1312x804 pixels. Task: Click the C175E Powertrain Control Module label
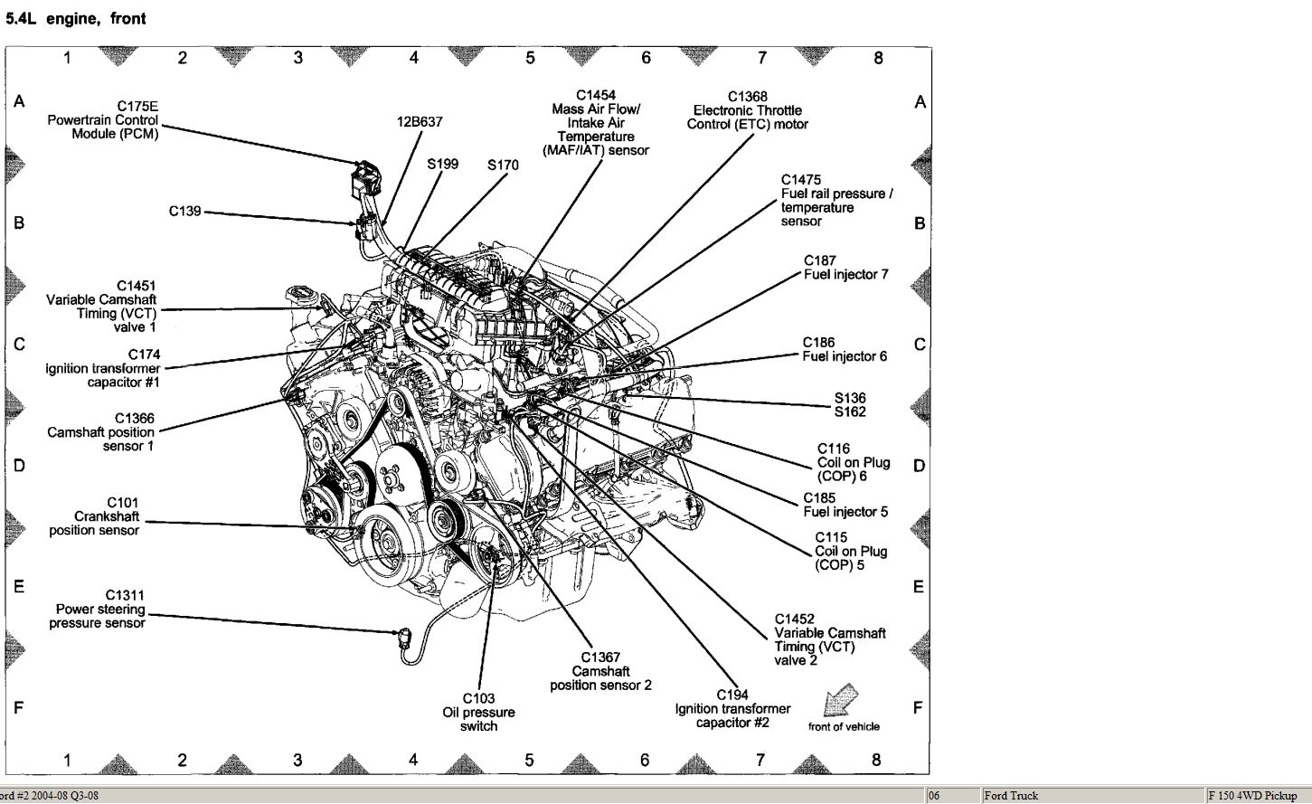(x=103, y=120)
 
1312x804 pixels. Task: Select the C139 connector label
(x=184, y=212)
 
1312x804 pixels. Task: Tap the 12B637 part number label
(x=420, y=121)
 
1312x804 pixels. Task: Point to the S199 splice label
(x=442, y=164)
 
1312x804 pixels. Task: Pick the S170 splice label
(x=503, y=165)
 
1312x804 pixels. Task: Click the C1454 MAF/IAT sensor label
(x=596, y=122)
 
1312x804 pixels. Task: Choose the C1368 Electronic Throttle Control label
(x=747, y=110)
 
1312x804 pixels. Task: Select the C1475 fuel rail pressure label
(x=836, y=201)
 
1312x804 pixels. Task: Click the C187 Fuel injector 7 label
(x=845, y=268)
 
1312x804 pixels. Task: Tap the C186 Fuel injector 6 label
(x=845, y=349)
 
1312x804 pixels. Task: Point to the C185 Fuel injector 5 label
(x=845, y=505)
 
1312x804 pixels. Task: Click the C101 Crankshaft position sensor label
(x=94, y=516)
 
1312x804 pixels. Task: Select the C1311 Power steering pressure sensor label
(x=97, y=609)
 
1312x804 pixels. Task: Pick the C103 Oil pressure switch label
(x=478, y=712)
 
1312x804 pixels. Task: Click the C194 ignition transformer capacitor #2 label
(x=732, y=708)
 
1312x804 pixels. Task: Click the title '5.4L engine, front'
(x=75, y=18)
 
